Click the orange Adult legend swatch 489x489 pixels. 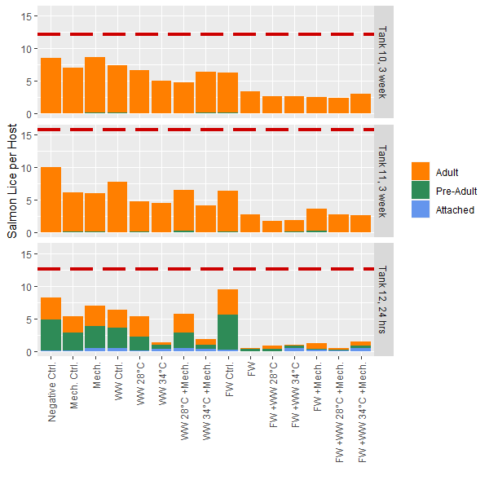[421, 172]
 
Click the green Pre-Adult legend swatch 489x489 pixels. [421, 191]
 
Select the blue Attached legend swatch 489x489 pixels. [421, 209]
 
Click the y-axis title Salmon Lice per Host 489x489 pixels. [12, 180]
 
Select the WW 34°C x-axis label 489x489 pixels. [162, 383]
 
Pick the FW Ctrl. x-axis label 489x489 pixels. [229, 381]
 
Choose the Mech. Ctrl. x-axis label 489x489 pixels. [73, 389]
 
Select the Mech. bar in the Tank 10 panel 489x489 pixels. [95, 86]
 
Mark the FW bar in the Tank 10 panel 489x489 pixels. [250, 103]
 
